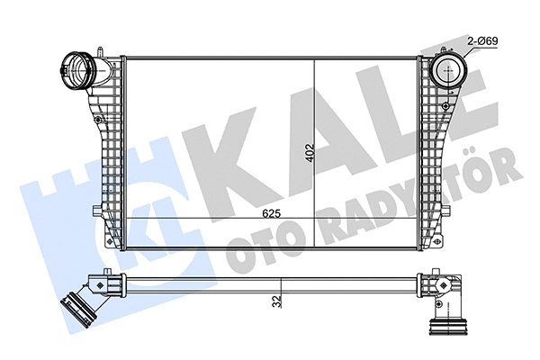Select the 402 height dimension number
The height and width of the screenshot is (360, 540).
pos(310,153)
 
